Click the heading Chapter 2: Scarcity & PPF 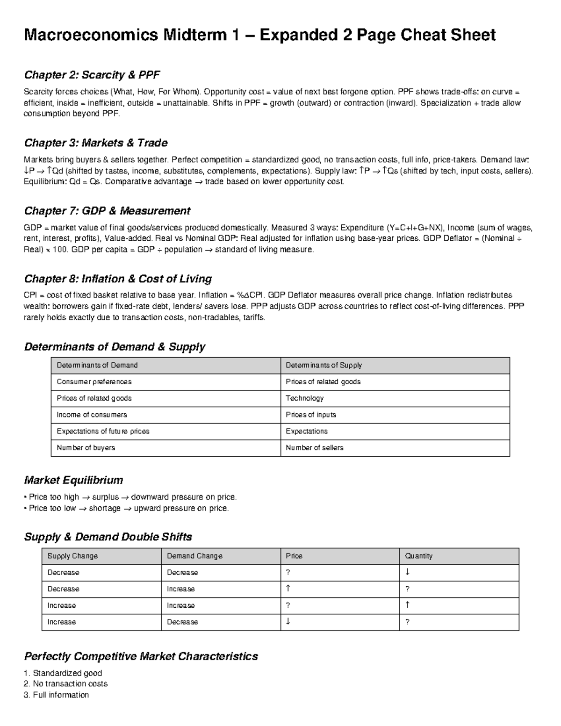click(92, 75)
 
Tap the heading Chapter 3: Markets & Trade click(95, 143)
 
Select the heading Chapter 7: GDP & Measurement click(107, 211)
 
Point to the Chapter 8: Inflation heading click(118, 279)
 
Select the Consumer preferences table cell click(94, 382)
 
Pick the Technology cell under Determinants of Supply click(305, 398)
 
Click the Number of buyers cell click(86, 448)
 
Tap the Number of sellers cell click(314, 448)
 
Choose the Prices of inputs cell click(311, 415)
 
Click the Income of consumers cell click(92, 415)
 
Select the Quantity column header click(418, 556)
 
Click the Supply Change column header click(72, 556)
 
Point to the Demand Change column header click(194, 556)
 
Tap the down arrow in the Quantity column click(407, 572)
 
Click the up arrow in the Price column click(288, 589)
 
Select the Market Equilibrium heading click(73, 480)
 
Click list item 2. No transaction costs click(65, 683)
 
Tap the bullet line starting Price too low click(126, 508)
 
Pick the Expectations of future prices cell click(103, 431)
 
